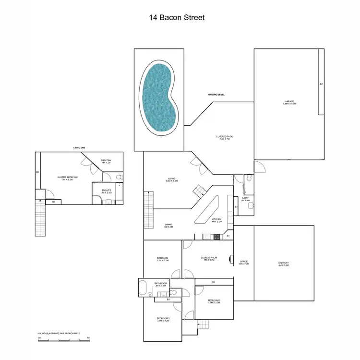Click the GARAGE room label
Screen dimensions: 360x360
coord(289,102)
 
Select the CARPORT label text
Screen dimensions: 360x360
coord(283,264)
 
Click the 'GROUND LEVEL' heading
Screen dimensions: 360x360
coord(216,95)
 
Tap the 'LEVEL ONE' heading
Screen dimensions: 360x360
coord(79,148)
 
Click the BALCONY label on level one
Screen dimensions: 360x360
coord(106,161)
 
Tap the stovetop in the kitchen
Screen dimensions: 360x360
coord(216,236)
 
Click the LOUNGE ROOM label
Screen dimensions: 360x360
coord(209,259)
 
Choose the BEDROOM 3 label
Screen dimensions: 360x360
coord(214,302)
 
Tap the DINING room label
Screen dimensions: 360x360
coord(168,226)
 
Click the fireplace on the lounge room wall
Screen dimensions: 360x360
coord(232,259)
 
